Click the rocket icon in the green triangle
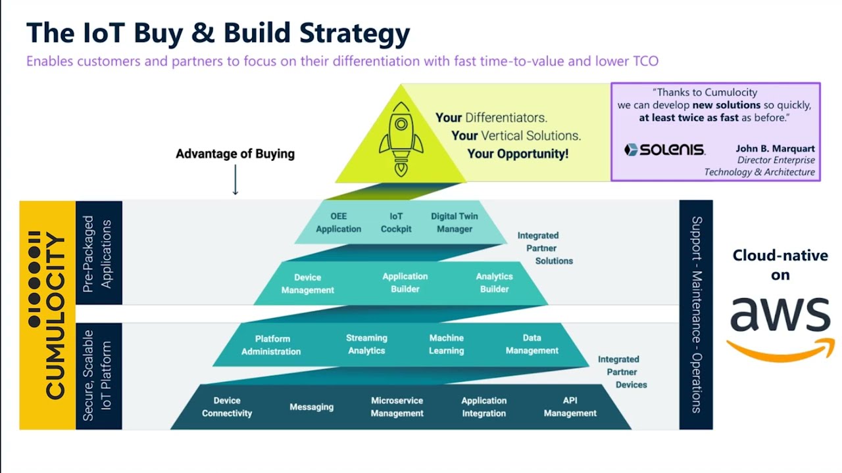pos(400,139)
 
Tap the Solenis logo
pos(664,150)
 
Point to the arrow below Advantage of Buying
pos(235,180)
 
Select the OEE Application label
pos(338,223)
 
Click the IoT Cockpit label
pos(396,223)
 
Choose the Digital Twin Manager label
pos(455,223)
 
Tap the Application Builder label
pos(405,283)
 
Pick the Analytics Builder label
pos(494,283)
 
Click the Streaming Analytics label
pos(366,344)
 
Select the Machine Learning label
pos(447,344)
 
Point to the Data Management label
pos(532,344)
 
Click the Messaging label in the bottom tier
pos(311,407)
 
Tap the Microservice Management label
pos(397,407)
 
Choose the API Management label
pos(570,407)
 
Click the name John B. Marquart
pos(775,148)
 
